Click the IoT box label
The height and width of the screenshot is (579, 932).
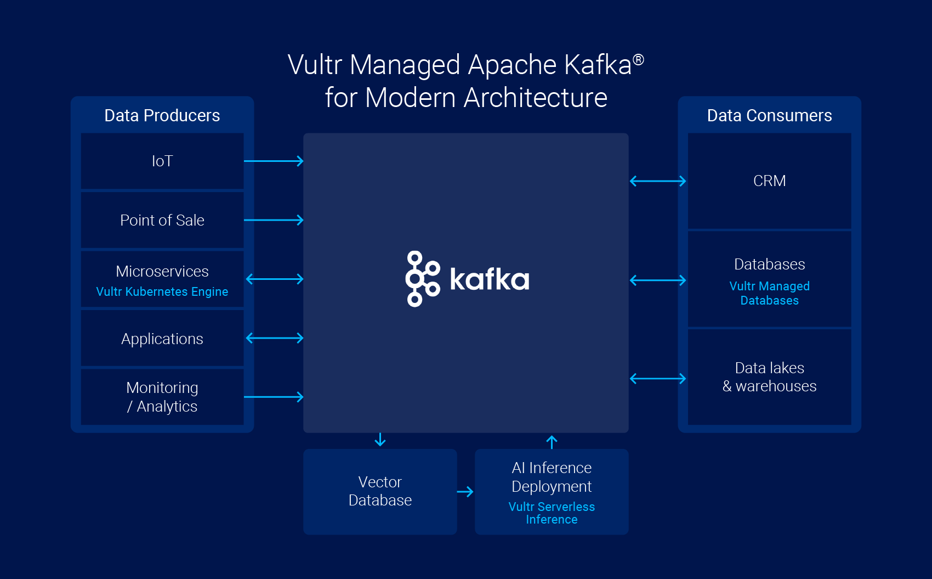tap(162, 161)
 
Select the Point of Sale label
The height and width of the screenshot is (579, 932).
tap(162, 221)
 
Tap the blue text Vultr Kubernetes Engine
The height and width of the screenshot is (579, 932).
tap(162, 291)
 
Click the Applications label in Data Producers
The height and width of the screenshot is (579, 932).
tap(162, 339)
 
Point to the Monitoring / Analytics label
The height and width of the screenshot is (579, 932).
tap(162, 397)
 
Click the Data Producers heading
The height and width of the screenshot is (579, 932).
tap(162, 115)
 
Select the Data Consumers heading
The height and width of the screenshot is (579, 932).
tap(769, 115)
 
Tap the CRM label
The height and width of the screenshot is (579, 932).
tap(769, 181)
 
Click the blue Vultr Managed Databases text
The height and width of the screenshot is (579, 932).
tap(769, 293)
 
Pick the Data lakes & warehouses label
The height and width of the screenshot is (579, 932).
tap(769, 377)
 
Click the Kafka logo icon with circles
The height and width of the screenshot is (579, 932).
tap(423, 279)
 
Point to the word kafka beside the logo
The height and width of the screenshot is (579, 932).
tap(490, 279)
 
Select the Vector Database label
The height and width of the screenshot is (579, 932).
tap(380, 491)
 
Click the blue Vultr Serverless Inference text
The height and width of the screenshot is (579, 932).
tap(552, 513)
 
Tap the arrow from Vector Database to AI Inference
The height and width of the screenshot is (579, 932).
tap(465, 492)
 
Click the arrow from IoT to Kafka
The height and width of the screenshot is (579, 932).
tap(274, 161)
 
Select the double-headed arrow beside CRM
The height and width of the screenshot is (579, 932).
tap(658, 181)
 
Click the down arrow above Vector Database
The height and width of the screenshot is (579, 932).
tap(380, 440)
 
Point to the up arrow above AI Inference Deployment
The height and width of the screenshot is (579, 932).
tap(552, 442)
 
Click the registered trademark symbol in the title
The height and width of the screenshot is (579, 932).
tap(639, 60)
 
